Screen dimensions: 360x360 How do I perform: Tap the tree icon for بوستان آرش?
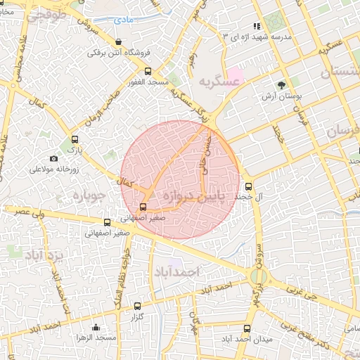tap(282, 85)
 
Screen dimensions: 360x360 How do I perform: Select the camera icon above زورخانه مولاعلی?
tap(54, 158)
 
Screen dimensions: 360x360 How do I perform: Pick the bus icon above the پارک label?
tap(75, 139)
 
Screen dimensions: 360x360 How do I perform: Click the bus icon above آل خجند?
tap(248, 186)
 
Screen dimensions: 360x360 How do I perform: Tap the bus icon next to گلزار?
tap(137, 307)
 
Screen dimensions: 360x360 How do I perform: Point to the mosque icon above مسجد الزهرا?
tap(96, 327)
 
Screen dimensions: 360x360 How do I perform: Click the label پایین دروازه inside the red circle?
tap(191, 195)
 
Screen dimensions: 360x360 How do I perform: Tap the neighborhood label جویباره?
tap(89, 193)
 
